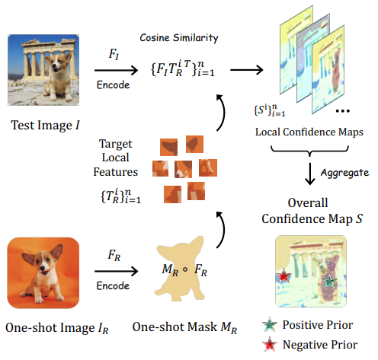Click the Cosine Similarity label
click(x=179, y=38)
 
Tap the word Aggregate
click(x=344, y=173)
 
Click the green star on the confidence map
click(x=329, y=281)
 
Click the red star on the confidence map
click(x=283, y=276)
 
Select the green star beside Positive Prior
click(x=270, y=324)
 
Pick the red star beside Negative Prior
click(x=270, y=344)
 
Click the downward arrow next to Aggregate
click(x=309, y=174)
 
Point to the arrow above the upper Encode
click(x=116, y=70)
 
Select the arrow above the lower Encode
click(x=116, y=271)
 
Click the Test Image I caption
click(x=45, y=126)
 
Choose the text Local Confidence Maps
click(x=309, y=132)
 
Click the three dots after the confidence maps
click(x=343, y=111)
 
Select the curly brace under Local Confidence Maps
click(x=309, y=151)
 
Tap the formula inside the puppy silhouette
click(x=184, y=269)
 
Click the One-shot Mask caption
click(x=184, y=327)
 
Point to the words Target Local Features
click(x=116, y=158)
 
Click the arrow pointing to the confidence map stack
click(x=247, y=70)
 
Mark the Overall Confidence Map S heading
click(x=312, y=211)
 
